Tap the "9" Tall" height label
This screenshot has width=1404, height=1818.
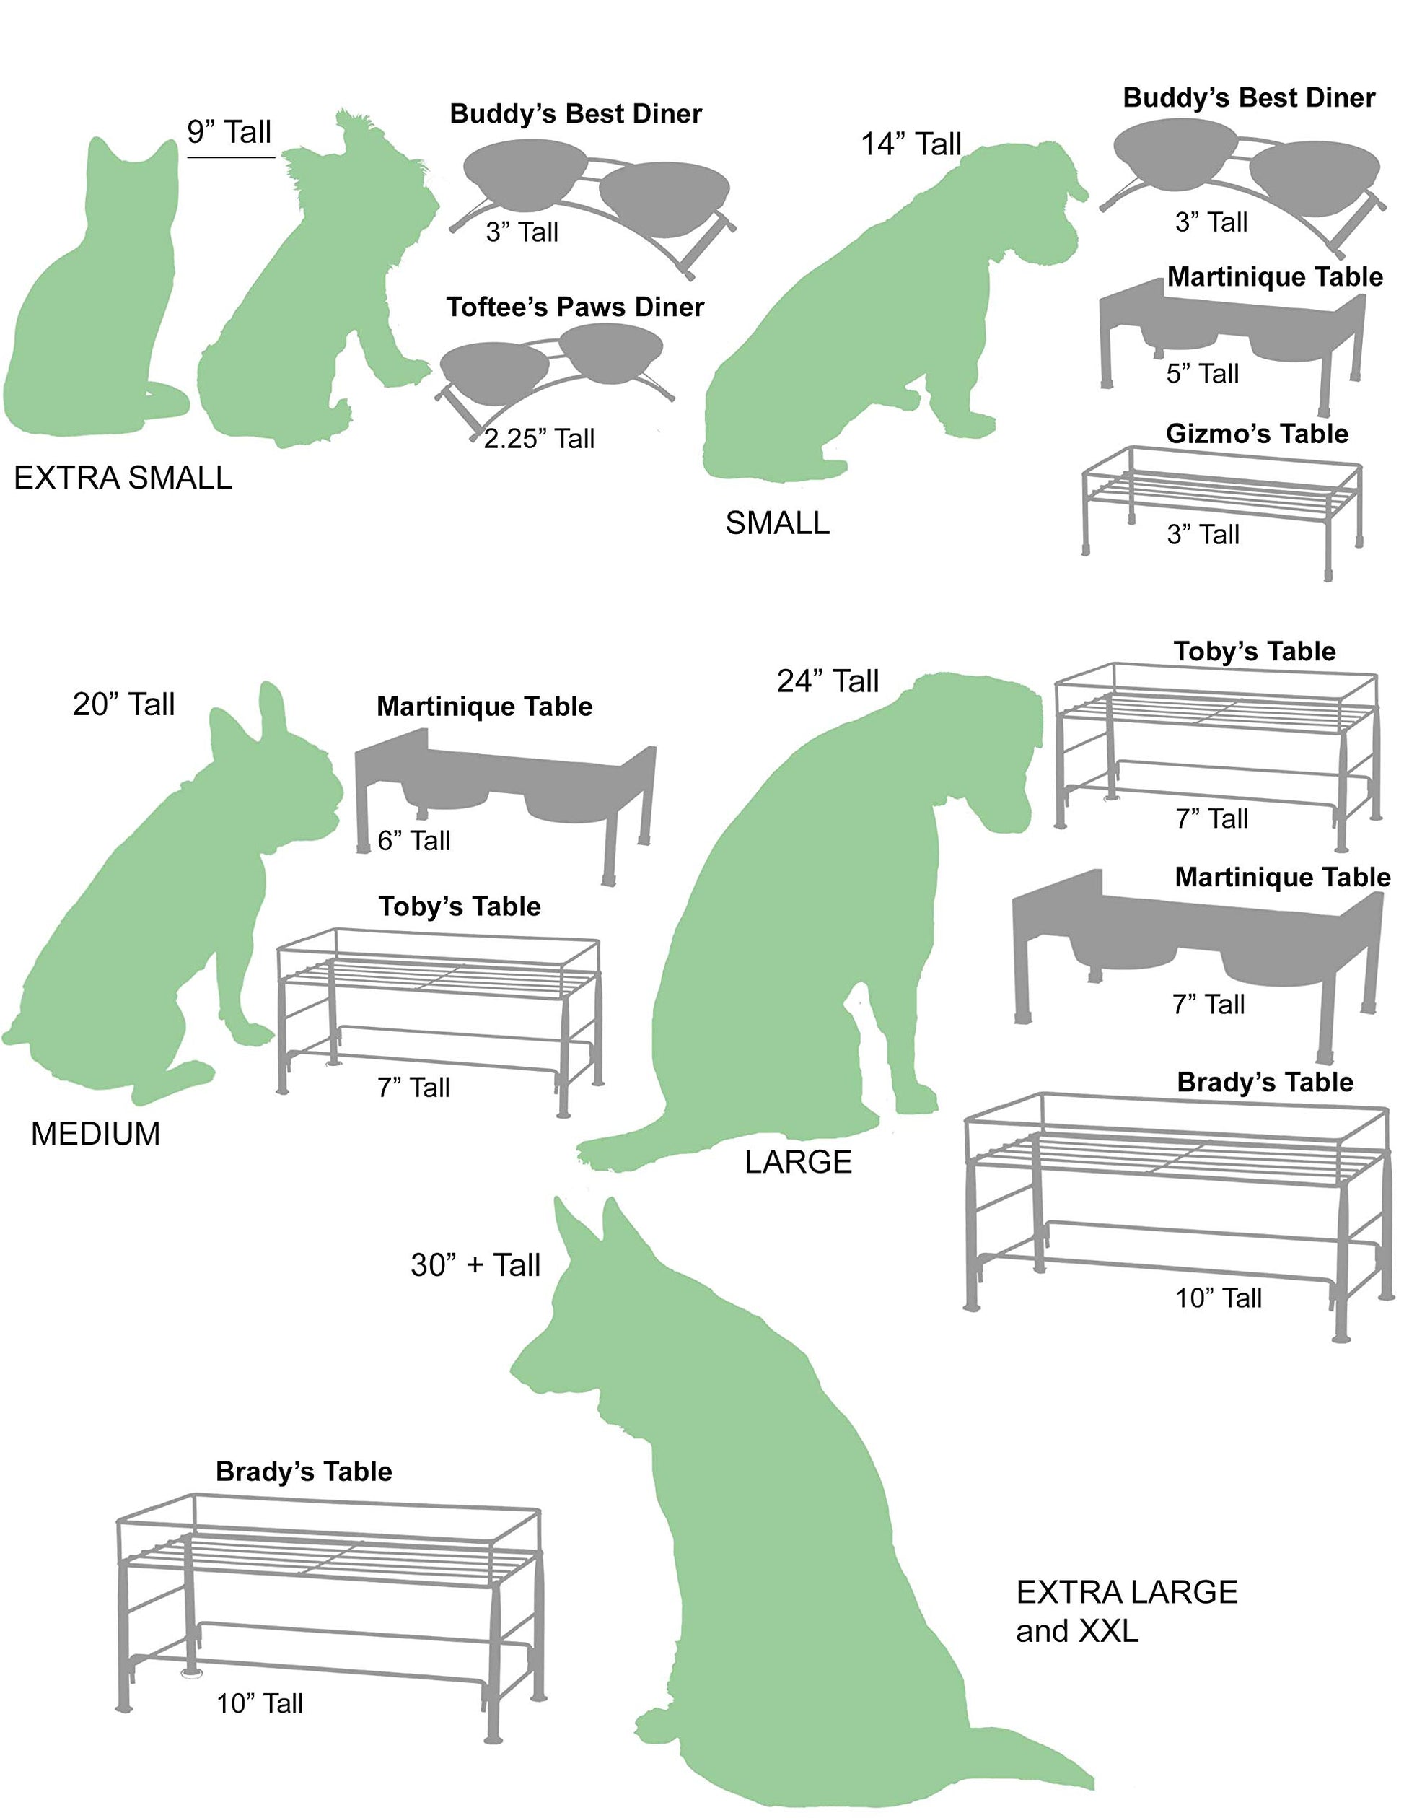(229, 131)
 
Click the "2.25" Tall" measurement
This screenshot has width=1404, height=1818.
(539, 438)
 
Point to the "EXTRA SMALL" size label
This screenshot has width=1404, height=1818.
(123, 478)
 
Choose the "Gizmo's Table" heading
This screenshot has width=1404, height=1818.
(1257, 433)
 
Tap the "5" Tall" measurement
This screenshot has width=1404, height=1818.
(1203, 373)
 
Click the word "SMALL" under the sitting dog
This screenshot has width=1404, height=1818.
(777, 523)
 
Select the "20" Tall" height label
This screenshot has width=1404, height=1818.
(123, 704)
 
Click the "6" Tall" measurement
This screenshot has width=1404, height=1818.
(413, 840)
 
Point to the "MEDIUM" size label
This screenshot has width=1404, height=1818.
(96, 1134)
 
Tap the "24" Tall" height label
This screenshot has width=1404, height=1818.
(828, 681)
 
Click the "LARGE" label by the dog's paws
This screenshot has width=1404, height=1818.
(798, 1161)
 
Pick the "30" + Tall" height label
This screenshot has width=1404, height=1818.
(475, 1264)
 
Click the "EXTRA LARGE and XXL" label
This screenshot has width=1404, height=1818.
(1127, 1611)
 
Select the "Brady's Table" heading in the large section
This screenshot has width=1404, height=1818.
(1265, 1081)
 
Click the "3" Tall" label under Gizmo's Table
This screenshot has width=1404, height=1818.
(1203, 533)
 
